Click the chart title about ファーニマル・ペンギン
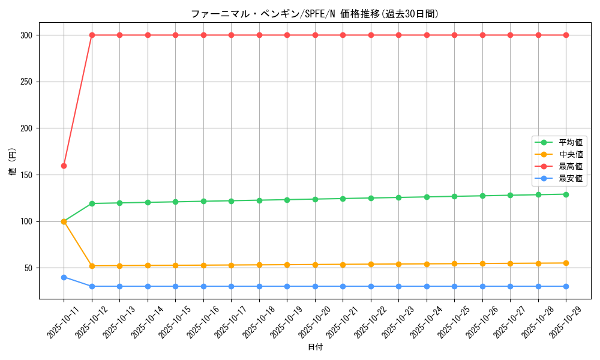pyautogui.click(x=315, y=14)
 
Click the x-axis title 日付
pyautogui.click(x=315, y=347)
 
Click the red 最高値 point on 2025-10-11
pyautogui.click(x=64, y=166)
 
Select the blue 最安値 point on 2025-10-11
pyautogui.click(x=64, y=277)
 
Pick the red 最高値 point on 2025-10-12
pyautogui.click(x=92, y=35)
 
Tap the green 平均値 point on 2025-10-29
pyautogui.click(x=566, y=194)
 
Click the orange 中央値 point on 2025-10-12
pyautogui.click(x=92, y=266)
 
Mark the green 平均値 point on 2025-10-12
pyautogui.click(x=92, y=203)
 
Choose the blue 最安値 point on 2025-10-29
pyautogui.click(x=566, y=286)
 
